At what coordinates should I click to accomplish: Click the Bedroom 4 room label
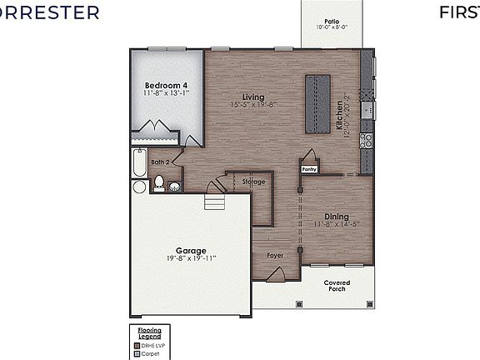coord(167,86)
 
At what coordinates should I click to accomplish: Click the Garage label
coord(191,250)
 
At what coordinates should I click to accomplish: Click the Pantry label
coord(308,169)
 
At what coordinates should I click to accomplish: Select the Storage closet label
coord(254,182)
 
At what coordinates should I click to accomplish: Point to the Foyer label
coord(274,255)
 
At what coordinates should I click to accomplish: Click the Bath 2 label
coord(162,162)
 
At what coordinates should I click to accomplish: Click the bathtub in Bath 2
coord(139,165)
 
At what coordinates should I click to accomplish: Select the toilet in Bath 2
coord(158,183)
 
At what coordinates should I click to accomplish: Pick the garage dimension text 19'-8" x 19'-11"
coord(191,258)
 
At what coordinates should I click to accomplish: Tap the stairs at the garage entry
coord(216,202)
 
